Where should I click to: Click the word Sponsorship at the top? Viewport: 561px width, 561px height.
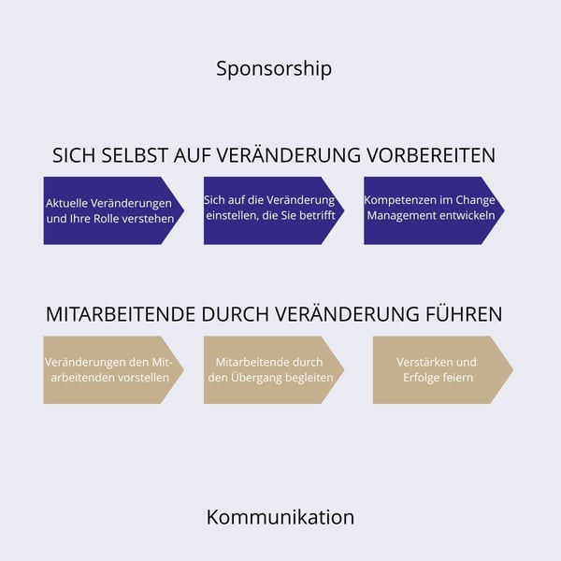274,68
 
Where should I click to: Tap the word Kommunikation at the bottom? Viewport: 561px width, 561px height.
280,517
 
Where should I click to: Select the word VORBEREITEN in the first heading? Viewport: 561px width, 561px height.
431,155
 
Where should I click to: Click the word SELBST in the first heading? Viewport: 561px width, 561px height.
134,155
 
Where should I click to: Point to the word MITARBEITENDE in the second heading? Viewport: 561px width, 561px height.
121,314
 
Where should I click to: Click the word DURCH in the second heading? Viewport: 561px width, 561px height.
235,314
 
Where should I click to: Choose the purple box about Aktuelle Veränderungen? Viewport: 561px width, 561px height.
114,210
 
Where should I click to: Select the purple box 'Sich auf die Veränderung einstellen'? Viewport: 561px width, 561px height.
274,210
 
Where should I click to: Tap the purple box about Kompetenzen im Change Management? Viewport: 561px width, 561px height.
434,210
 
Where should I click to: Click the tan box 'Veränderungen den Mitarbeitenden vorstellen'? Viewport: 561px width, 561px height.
114,370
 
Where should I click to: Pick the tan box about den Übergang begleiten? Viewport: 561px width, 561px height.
274,370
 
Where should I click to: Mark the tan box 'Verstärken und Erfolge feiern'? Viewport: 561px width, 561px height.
443,370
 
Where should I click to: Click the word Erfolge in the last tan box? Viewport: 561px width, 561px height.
419,378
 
